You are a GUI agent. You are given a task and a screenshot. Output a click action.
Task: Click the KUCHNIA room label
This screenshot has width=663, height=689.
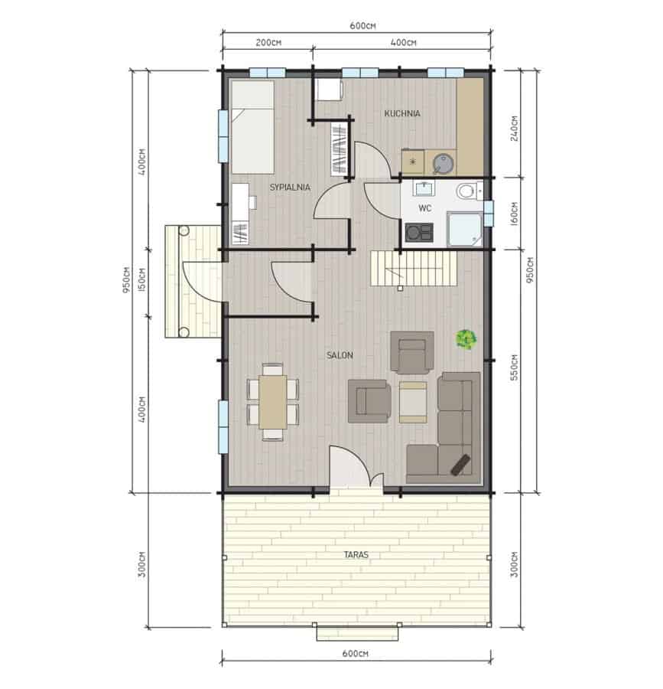pyautogui.click(x=402, y=113)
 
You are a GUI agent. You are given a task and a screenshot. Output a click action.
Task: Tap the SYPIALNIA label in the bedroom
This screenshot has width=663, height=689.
pyautogui.click(x=290, y=188)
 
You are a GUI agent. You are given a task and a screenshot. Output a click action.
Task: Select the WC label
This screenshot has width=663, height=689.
pyautogui.click(x=424, y=208)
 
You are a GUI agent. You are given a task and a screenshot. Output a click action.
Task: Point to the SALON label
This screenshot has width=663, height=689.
pyautogui.click(x=340, y=355)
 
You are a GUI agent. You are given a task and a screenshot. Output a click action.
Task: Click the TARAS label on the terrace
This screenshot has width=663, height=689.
pyautogui.click(x=356, y=554)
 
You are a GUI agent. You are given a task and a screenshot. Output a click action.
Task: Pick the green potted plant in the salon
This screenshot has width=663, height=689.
pyautogui.click(x=466, y=339)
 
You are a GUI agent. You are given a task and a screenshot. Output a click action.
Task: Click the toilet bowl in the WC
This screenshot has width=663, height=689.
pyautogui.click(x=467, y=191)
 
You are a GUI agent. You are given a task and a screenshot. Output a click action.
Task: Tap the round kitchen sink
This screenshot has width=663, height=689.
pyautogui.click(x=444, y=164)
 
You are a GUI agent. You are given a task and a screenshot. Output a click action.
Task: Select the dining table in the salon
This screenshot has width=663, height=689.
pyautogui.click(x=272, y=402)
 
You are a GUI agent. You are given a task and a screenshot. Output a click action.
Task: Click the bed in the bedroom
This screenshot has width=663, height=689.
pyautogui.click(x=253, y=127)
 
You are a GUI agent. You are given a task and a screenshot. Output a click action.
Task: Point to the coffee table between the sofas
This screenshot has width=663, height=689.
pyautogui.click(x=413, y=402)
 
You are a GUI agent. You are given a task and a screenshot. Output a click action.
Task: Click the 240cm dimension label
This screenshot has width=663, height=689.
pyautogui.click(x=514, y=129)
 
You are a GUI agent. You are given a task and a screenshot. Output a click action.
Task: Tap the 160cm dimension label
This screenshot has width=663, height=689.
pyautogui.click(x=514, y=214)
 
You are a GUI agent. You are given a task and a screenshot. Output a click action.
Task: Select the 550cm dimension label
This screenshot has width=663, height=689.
pyautogui.click(x=514, y=367)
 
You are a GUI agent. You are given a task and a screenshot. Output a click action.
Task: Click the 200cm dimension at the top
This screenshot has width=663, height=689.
pyautogui.click(x=268, y=43)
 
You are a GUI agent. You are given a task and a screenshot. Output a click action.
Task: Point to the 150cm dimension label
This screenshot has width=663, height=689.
pyautogui.click(x=141, y=280)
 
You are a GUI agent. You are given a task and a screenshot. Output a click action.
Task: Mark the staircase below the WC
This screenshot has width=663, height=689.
pyautogui.click(x=414, y=268)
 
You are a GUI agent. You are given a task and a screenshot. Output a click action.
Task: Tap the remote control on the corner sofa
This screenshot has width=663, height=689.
pyautogui.click(x=460, y=465)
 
